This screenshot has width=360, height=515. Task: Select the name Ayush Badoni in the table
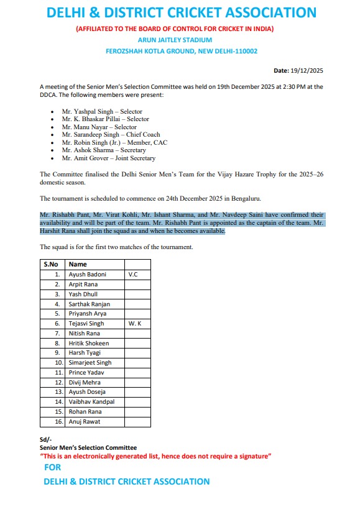coord(87,274)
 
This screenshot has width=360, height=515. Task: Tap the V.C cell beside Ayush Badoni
coord(133,274)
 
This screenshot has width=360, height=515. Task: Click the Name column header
coord(78,264)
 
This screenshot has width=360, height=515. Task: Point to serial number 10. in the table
coord(59,363)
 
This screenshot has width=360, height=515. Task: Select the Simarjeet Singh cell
coord(90,363)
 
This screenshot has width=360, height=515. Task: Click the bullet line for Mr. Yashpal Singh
coord(102,111)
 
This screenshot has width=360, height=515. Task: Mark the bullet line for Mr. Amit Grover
coord(108,158)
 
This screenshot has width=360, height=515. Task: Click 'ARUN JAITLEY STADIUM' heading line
coord(181,40)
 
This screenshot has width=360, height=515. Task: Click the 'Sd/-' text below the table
coord(45,440)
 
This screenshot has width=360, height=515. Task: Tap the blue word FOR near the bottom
coord(53,467)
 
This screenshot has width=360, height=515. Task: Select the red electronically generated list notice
coord(155,456)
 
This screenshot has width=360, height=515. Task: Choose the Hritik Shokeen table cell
coord(88,343)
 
